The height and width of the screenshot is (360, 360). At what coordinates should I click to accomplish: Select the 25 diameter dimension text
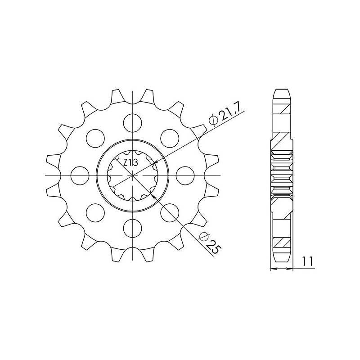point(214,246)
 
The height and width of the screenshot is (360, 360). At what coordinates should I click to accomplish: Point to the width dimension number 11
point(308,261)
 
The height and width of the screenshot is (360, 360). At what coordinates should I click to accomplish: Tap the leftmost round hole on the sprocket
point(80,174)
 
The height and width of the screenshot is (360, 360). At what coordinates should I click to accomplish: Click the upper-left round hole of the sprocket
point(95,137)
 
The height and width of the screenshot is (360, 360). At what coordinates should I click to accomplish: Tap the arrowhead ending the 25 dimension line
point(155,196)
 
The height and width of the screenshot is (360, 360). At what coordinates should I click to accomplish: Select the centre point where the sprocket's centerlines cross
point(133,174)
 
